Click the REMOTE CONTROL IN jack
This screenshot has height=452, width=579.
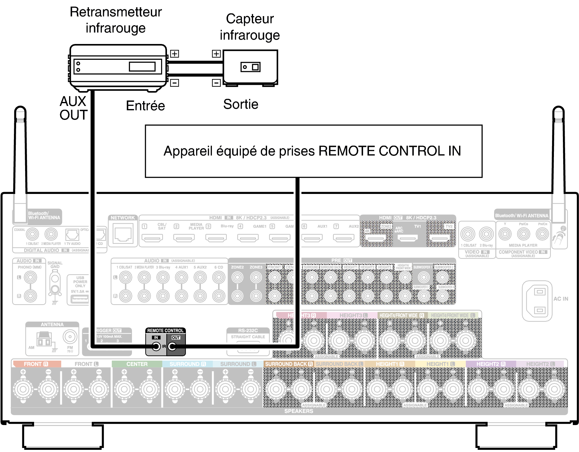pos(156,346)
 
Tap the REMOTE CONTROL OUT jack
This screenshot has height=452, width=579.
pos(172,346)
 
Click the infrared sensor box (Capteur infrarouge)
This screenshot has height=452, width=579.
pos(250,67)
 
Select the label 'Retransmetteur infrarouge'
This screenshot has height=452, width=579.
pos(116,20)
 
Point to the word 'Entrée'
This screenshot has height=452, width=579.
pos(145,106)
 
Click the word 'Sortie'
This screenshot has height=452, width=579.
pos(241,104)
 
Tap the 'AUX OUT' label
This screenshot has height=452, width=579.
pos(73,108)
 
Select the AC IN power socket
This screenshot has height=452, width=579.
pos(539,301)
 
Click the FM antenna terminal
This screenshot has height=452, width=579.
pos(70,337)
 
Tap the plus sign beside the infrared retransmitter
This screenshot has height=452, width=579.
pos(175,54)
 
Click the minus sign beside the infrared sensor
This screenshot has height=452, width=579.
pos(216,83)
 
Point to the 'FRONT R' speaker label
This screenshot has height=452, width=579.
pos(36,364)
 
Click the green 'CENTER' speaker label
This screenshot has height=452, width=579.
pos(137,364)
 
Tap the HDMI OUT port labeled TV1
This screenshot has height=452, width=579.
pos(407,238)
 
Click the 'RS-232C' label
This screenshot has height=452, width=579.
pos(248,331)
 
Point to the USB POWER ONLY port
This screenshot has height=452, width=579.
pos(80,299)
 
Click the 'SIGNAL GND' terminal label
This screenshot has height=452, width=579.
pos(55,265)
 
